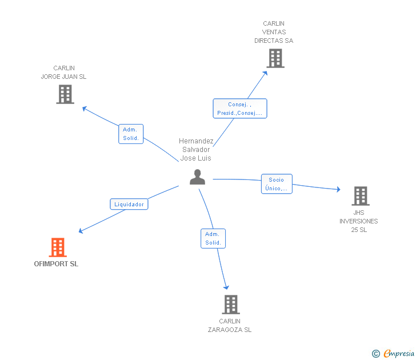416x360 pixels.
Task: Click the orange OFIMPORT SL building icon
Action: tap(58, 247)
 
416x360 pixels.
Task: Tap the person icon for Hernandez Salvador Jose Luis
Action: tap(197, 177)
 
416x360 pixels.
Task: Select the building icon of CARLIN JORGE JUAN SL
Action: tap(65, 94)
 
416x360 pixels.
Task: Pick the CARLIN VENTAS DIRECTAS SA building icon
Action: tap(275, 58)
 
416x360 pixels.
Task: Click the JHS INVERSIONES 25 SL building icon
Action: tap(361, 196)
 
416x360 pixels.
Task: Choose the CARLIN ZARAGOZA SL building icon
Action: tap(231, 305)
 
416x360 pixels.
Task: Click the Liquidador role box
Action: tap(129, 204)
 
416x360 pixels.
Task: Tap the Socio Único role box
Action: tap(277, 184)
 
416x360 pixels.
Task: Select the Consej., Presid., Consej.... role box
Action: tap(240, 109)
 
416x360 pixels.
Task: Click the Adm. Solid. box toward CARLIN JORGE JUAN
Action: tap(131, 134)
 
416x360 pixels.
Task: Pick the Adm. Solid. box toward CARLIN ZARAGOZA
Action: tap(213, 238)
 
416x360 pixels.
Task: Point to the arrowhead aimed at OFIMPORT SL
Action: tap(81, 231)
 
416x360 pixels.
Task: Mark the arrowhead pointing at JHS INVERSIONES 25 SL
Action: tap(338, 189)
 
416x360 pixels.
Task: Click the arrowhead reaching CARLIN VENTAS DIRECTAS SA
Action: tap(265, 73)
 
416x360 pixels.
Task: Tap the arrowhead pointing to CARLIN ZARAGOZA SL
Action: tap(226, 287)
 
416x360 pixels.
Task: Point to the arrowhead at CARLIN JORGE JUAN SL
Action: tap(85, 109)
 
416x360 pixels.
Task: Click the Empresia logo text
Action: tap(399, 354)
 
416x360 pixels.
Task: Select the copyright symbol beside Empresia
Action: tap(376, 354)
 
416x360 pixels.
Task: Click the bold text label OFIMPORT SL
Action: tap(56, 264)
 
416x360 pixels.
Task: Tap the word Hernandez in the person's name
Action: tap(196, 141)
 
